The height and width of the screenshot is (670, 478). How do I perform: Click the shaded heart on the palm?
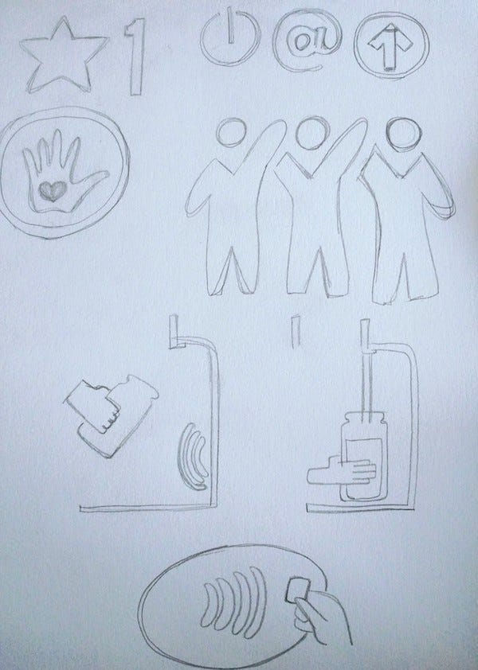click(x=53, y=191)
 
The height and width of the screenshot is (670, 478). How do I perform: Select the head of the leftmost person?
click(x=231, y=131)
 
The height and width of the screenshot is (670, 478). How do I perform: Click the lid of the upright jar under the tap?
click(x=364, y=419)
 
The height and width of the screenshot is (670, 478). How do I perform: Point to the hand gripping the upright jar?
click(x=342, y=470)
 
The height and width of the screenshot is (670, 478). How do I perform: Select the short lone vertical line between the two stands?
click(x=295, y=331)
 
